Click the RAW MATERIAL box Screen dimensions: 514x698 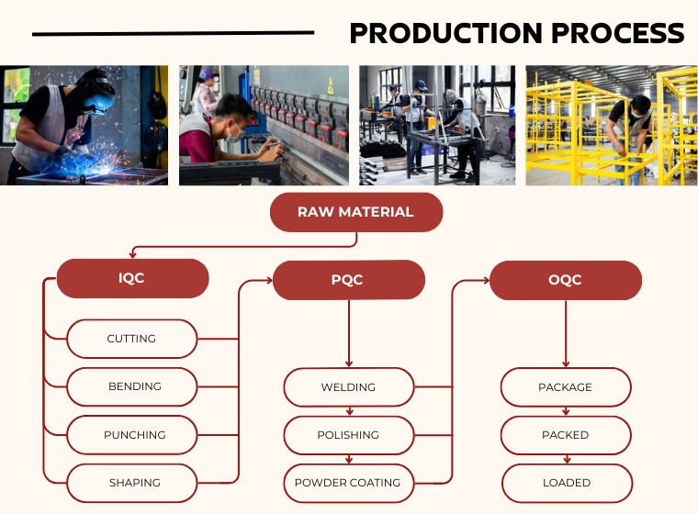[x=355, y=212]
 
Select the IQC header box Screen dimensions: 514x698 [x=132, y=278]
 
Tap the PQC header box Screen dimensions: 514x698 [x=348, y=280]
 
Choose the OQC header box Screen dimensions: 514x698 [x=565, y=280]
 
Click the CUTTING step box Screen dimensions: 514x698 [x=132, y=339]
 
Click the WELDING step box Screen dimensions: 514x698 [x=348, y=387]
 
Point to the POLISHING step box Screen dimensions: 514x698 [x=348, y=435]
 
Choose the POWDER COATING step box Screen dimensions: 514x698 [x=348, y=483]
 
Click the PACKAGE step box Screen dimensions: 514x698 [x=565, y=387]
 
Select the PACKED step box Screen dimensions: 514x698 [x=565, y=435]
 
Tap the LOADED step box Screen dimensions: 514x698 [x=565, y=483]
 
